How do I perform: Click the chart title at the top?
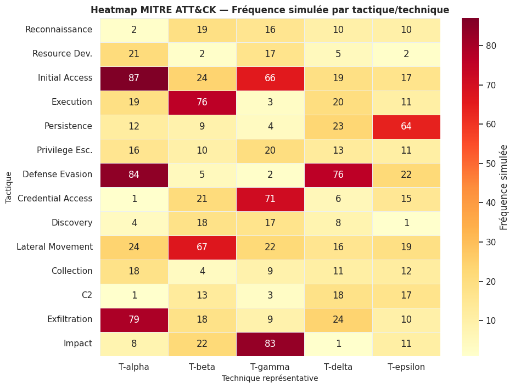270,10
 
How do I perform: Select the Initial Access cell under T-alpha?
134,78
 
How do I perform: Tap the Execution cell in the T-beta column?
202,102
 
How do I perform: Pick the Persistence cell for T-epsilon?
406,126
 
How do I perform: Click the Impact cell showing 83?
270,344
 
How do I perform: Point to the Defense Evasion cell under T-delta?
338,175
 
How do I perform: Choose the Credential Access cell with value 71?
270,199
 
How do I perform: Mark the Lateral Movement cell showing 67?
202,247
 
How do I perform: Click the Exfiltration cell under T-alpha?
134,319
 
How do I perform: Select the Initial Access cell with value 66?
270,78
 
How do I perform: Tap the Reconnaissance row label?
59,30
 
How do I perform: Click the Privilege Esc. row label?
64,150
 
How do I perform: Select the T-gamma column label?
270,367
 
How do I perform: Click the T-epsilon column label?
406,367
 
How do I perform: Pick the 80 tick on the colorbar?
491,46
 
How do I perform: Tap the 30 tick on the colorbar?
491,242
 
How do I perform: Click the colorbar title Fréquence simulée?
504,187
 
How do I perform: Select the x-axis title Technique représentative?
270,378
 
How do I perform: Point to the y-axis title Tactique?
9,187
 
